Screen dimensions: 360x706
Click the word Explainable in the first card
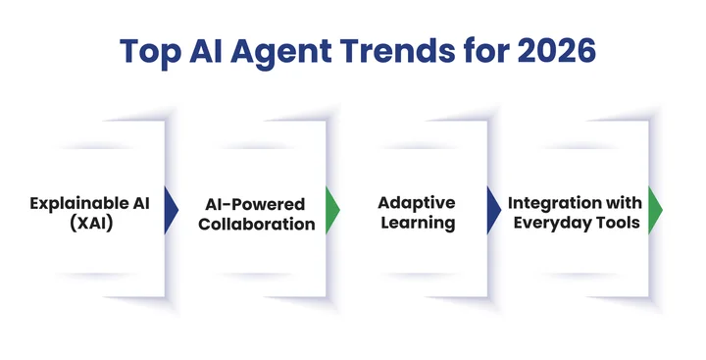(72, 203)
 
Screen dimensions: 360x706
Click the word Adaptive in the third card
(417, 203)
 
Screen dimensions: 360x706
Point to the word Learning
(417, 223)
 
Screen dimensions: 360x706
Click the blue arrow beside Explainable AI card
(171, 208)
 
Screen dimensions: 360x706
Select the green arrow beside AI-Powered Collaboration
(331, 208)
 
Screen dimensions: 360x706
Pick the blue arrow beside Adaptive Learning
(494, 208)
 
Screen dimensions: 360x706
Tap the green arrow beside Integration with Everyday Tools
(655, 208)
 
